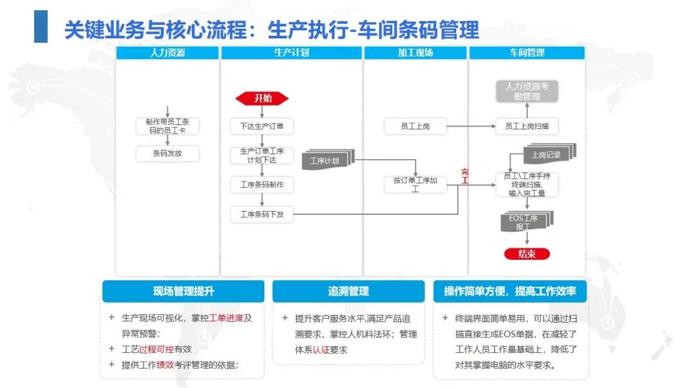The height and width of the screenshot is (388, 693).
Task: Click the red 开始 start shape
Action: click(x=262, y=98)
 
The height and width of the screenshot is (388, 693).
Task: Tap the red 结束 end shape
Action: click(x=527, y=254)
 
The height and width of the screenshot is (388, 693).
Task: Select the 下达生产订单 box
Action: click(x=262, y=126)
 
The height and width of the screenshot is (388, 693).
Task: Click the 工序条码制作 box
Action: click(x=262, y=185)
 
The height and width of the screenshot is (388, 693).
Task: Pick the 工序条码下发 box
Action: click(x=262, y=214)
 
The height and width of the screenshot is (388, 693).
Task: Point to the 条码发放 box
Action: click(x=167, y=153)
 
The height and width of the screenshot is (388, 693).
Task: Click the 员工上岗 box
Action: click(x=415, y=126)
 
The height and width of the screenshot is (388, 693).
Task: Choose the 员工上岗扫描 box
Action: click(x=527, y=126)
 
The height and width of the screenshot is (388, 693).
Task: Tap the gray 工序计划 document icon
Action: click(x=328, y=160)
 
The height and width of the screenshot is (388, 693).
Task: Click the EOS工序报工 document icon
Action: click(x=527, y=221)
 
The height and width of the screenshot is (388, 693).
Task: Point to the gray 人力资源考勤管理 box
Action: click(x=527, y=92)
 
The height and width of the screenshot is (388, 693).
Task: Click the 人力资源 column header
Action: click(x=167, y=53)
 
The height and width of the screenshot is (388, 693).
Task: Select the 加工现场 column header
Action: click(x=415, y=53)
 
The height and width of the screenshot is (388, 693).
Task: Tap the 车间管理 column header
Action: click(x=527, y=53)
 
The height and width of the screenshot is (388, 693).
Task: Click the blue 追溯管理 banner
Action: click(x=348, y=291)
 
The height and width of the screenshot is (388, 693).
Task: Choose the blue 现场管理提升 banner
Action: click(x=184, y=291)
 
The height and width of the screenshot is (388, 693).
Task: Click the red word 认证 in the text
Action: click(x=321, y=350)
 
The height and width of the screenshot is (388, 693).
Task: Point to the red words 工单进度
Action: click(x=227, y=318)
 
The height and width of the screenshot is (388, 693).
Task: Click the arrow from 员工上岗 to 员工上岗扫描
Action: click(x=471, y=126)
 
